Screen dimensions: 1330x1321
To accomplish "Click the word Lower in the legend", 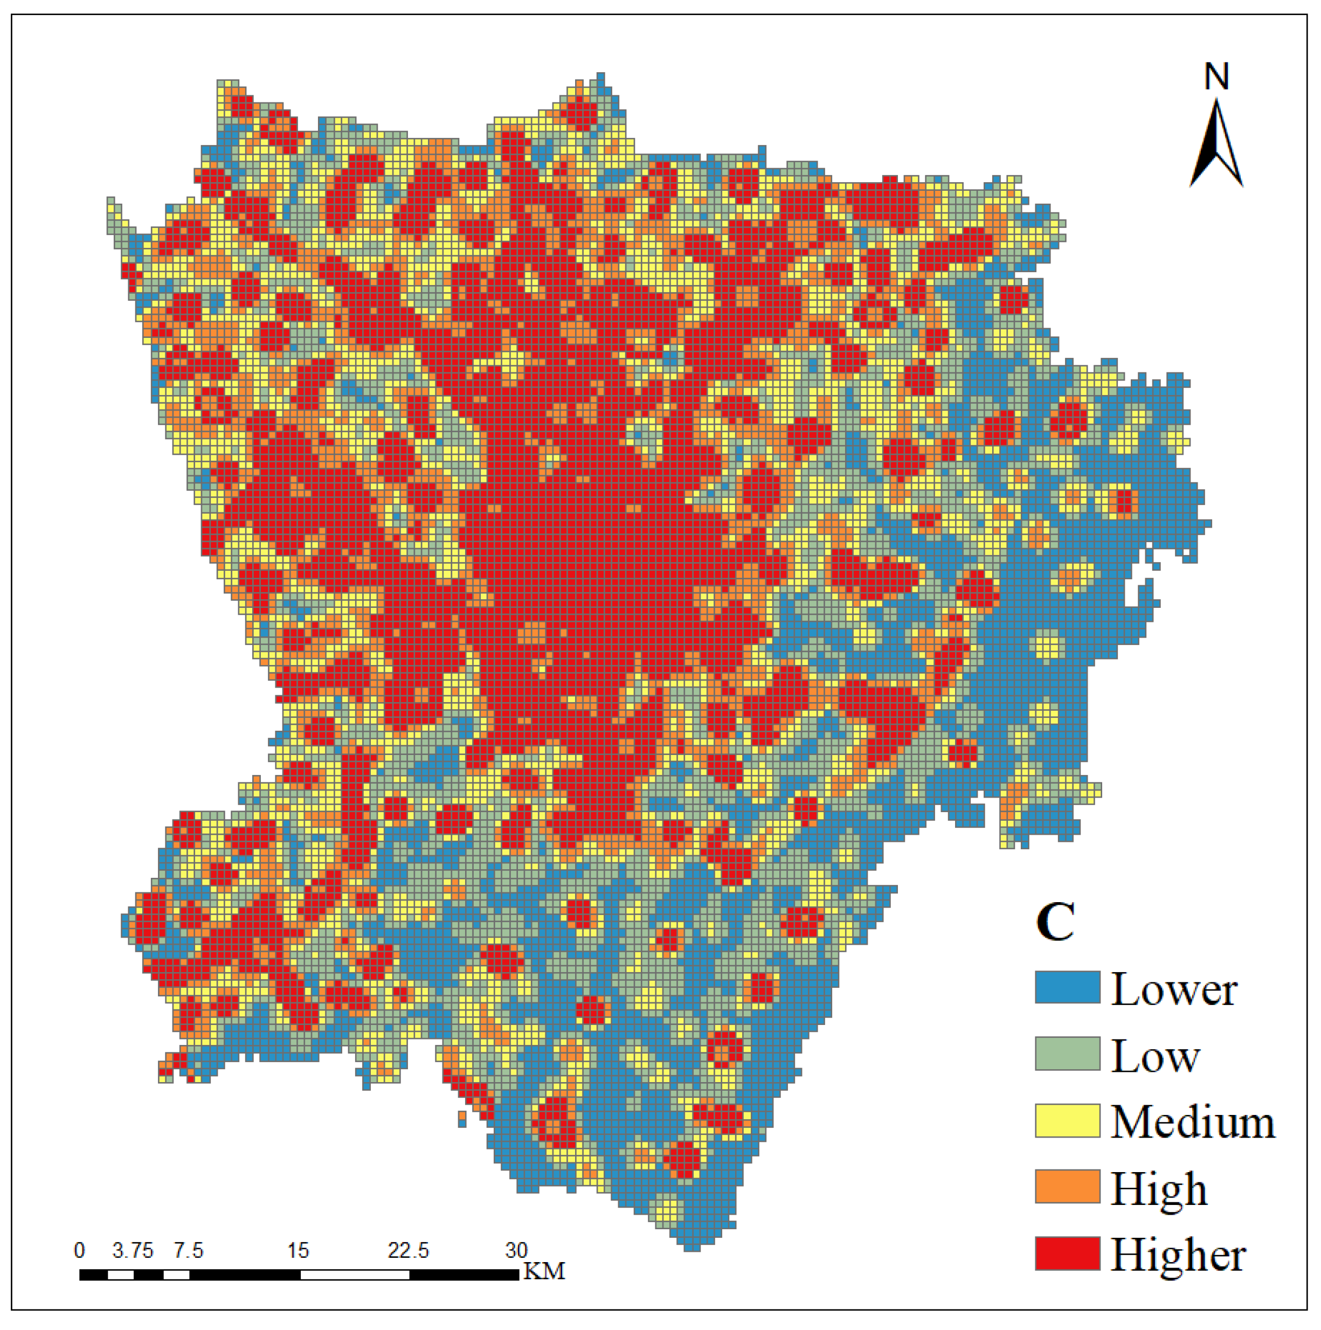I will [x=1174, y=990].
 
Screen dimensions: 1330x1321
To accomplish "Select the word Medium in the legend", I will [x=1193, y=1122].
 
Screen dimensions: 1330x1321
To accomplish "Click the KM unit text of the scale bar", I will [x=544, y=1271].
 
